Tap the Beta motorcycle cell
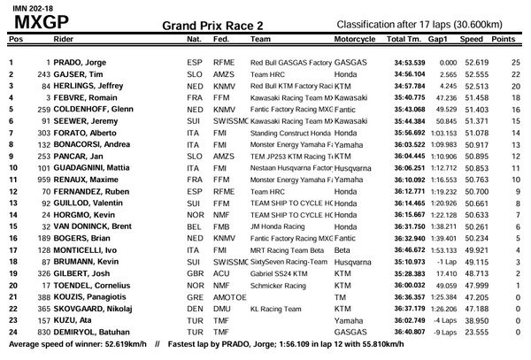pos(343,250)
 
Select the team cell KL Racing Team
pos(276,309)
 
